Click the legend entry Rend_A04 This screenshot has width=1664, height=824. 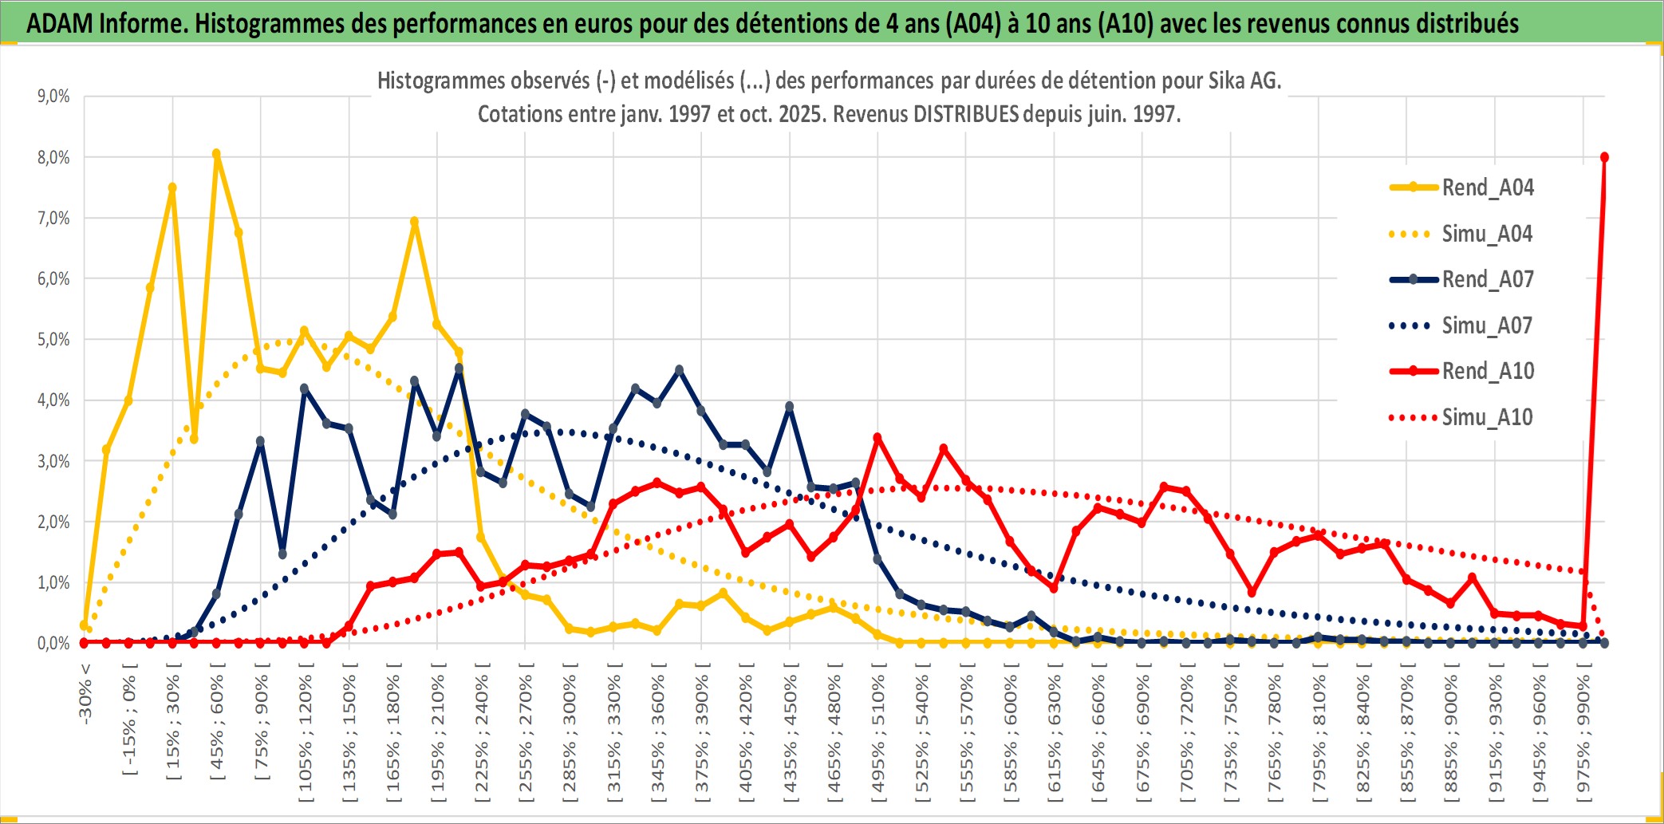tap(1487, 187)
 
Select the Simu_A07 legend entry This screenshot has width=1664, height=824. tap(1487, 325)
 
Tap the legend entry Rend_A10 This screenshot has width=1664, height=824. tap(1487, 371)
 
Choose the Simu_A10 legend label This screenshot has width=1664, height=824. tap(1487, 417)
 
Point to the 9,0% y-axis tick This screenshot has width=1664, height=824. tap(53, 97)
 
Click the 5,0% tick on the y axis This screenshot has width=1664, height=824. tap(53, 340)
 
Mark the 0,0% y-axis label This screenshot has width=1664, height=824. tap(53, 644)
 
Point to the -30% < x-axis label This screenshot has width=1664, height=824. tap(85, 694)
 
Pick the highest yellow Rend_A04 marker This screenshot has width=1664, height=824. tap(216, 154)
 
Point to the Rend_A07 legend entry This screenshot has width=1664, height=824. tap(1487, 279)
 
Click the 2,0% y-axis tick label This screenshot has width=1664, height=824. tap(53, 522)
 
